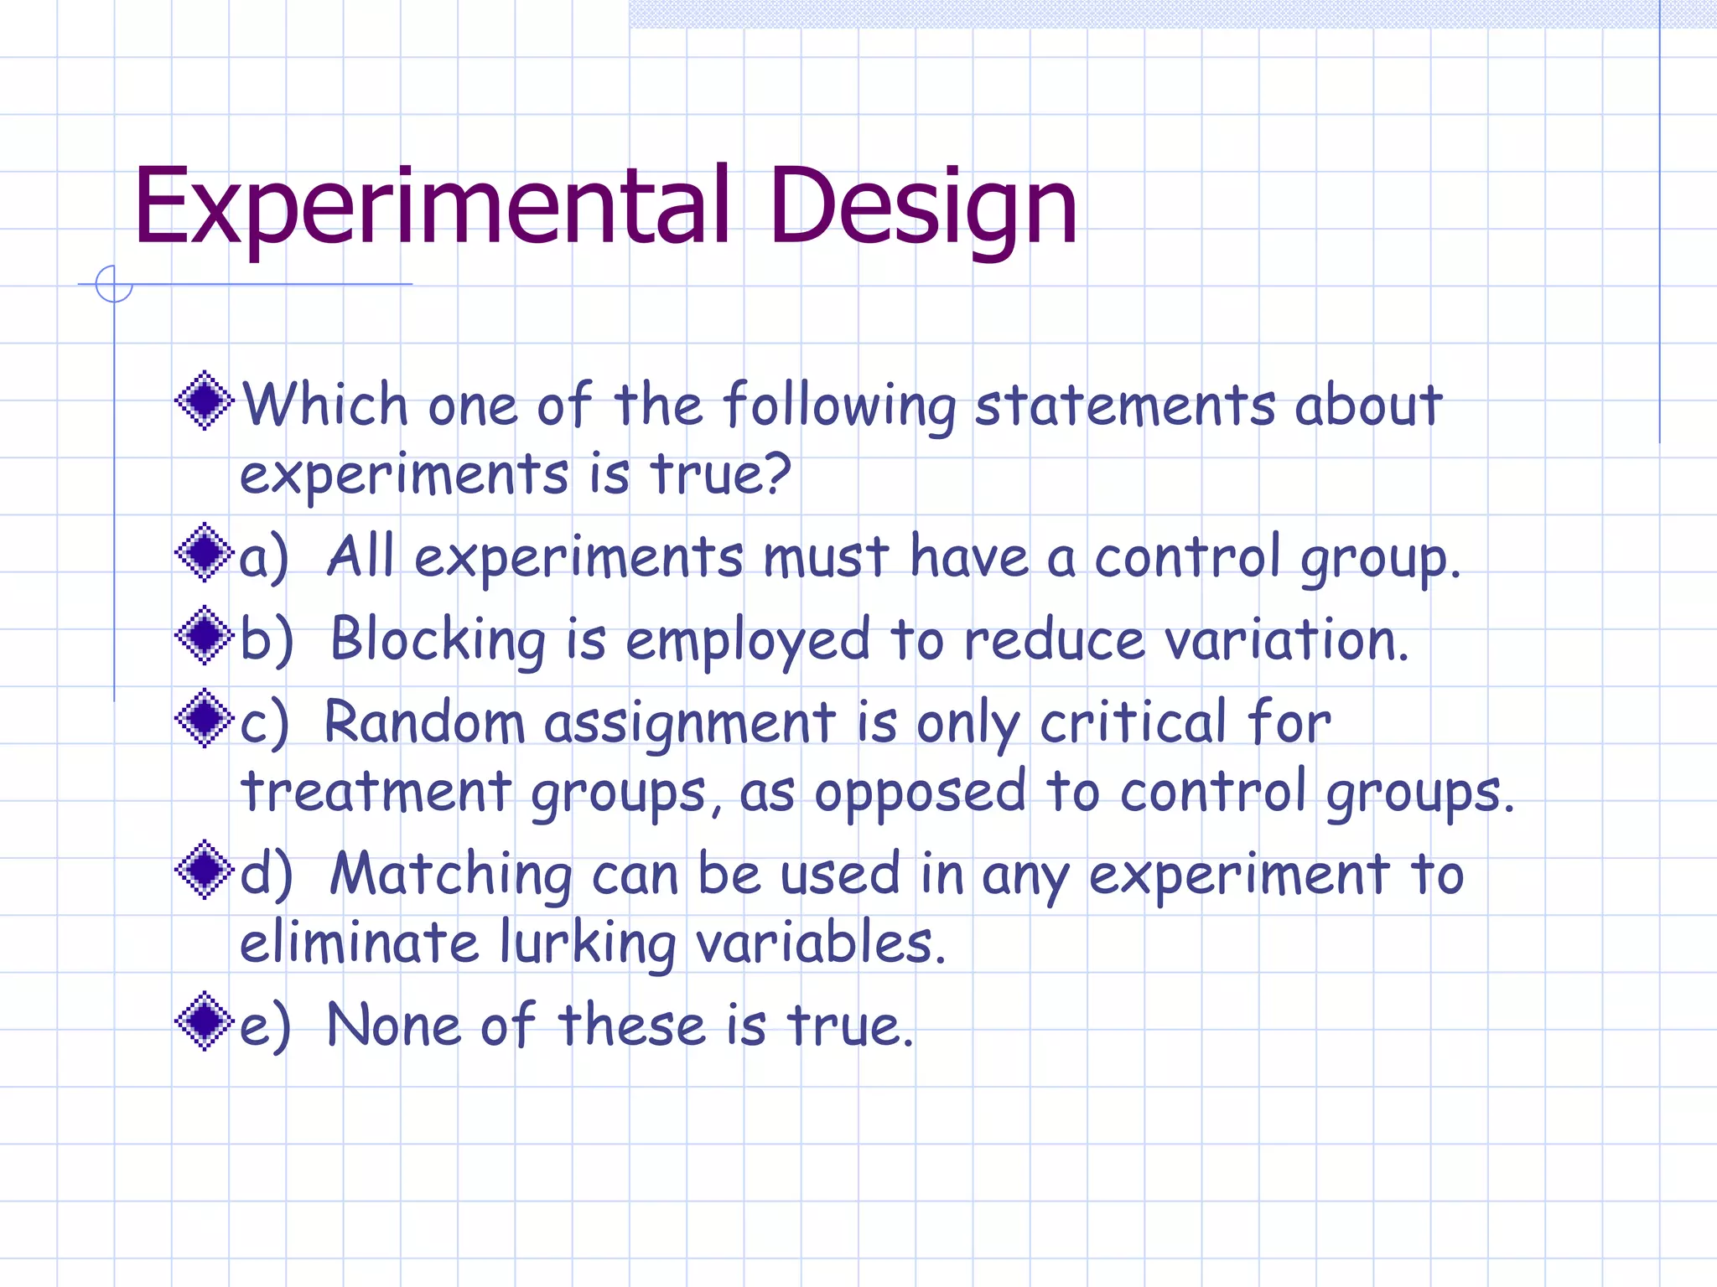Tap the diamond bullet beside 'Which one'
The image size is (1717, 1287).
tap(204, 401)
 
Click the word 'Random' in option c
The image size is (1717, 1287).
tap(423, 722)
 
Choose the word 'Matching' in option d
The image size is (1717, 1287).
tap(451, 875)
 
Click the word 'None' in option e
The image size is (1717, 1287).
tap(393, 1025)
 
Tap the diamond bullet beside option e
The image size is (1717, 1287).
tap(204, 1021)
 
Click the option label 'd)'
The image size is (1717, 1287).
tap(265, 875)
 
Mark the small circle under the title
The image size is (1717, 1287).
tap(114, 284)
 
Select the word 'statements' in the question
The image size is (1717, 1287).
tap(1124, 406)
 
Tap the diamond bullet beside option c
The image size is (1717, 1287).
tap(204, 718)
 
